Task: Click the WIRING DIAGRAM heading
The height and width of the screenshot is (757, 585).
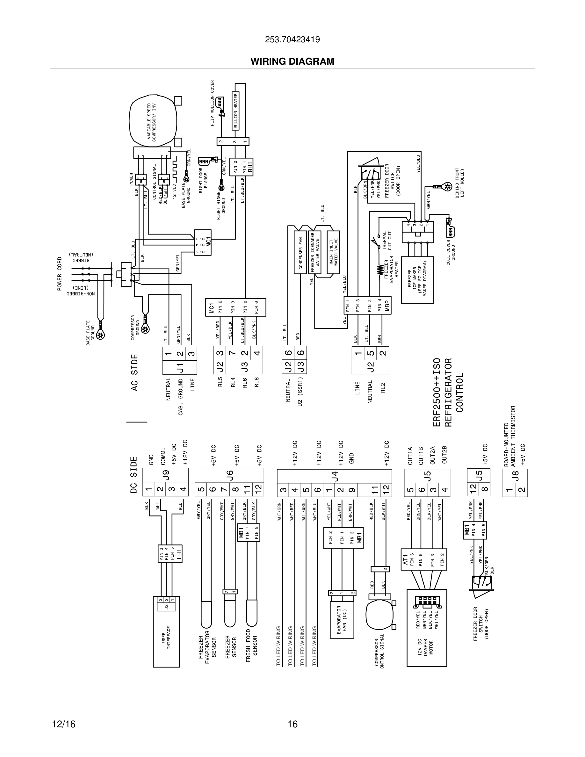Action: pos(292,61)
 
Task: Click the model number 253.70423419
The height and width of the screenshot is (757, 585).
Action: pos(292,40)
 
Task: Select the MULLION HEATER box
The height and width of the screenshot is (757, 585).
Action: pos(235,111)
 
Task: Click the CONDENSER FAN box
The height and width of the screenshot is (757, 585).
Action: pos(300,252)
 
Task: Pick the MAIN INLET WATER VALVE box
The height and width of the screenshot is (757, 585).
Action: pos(333,252)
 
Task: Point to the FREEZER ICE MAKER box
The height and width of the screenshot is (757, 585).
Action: pos(417,280)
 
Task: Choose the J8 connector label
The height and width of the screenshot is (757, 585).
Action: pos(515,476)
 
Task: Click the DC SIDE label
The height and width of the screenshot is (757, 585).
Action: pos(134,474)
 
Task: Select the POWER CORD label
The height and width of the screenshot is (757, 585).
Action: pos(59,273)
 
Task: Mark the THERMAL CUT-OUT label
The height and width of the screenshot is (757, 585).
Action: pos(387,241)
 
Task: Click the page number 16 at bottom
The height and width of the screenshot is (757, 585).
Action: pos(292,724)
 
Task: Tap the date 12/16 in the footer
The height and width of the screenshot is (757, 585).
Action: pos(64,724)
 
